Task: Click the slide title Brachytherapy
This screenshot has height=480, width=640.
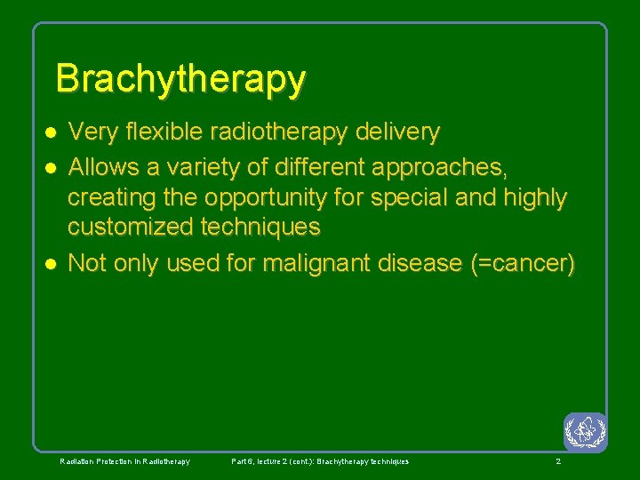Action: [x=180, y=79]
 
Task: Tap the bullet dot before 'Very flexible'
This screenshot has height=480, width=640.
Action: [x=52, y=132]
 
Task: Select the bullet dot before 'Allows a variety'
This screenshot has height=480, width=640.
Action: [x=52, y=166]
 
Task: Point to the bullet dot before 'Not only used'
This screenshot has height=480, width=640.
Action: [x=52, y=264]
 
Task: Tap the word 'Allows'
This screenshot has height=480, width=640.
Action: [x=105, y=166]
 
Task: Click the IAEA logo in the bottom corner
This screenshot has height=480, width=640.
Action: [x=585, y=432]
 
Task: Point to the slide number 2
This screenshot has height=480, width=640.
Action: [x=557, y=461]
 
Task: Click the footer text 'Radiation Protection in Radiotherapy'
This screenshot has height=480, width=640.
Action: [x=124, y=461]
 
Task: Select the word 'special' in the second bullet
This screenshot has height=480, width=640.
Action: [x=411, y=197]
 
